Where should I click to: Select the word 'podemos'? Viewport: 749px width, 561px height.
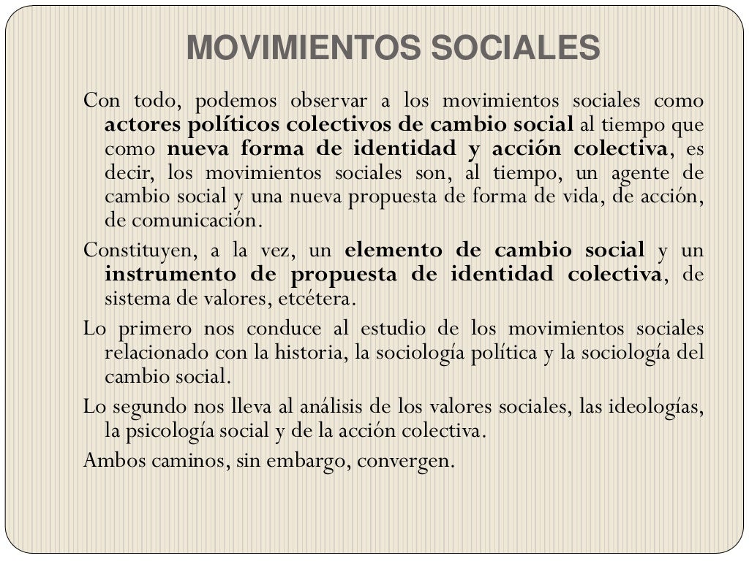pyautogui.click(x=236, y=100)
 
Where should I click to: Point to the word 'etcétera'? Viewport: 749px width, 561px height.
pyautogui.click(x=318, y=299)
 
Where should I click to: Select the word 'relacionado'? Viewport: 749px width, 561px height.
pyautogui.click(x=157, y=353)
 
